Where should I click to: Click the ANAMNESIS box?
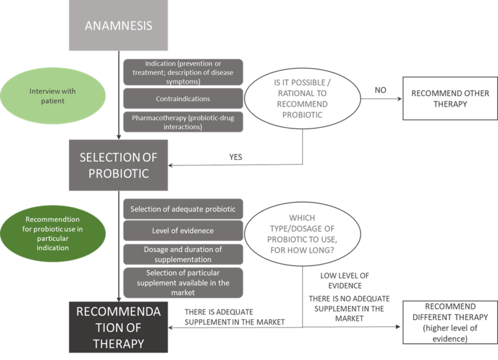[x=119, y=25]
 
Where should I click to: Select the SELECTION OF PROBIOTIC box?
[x=119, y=165]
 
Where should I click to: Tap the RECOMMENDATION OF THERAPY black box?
[x=119, y=327]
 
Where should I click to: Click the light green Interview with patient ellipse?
[x=53, y=96]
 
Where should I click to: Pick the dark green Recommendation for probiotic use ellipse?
[x=53, y=234]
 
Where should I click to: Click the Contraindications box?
[x=183, y=99]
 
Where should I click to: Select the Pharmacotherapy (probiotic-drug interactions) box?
[x=183, y=122]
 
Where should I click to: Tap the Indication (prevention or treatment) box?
[x=183, y=72]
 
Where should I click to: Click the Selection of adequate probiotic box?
[x=183, y=209]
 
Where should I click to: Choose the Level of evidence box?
[x=183, y=231]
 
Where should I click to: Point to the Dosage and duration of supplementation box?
[x=183, y=254]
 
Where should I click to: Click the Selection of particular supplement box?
[x=183, y=283]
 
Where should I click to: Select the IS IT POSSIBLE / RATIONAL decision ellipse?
[x=302, y=98]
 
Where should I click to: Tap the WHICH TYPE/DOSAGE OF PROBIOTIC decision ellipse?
[x=302, y=234]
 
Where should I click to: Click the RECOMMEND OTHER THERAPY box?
[x=450, y=98]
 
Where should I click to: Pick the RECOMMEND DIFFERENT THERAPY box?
[x=450, y=323]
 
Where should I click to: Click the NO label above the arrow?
[x=380, y=90]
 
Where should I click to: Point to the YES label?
[x=236, y=157]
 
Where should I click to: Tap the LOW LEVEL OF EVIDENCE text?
[x=345, y=281]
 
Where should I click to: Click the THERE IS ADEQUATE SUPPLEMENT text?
[x=235, y=317]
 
